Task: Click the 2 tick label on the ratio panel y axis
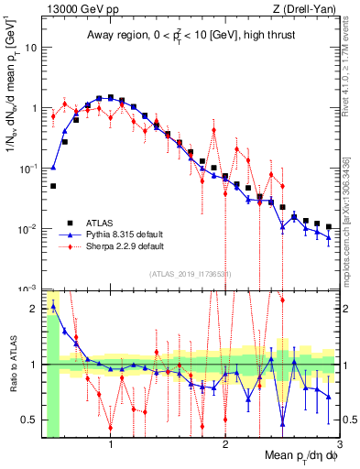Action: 35,309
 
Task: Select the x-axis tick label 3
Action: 340,444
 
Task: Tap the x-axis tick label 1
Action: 111,444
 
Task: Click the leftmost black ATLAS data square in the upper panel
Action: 53,186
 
